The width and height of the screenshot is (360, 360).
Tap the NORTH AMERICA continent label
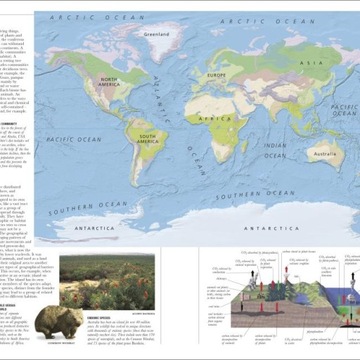[106, 83]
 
